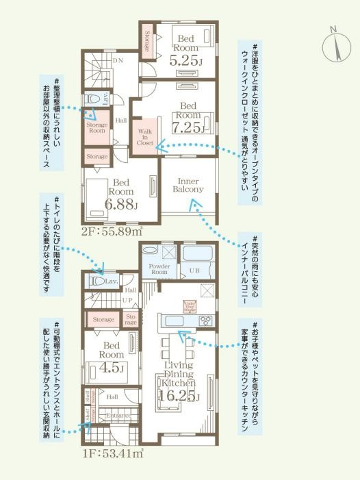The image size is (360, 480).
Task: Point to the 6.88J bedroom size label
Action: [122, 205]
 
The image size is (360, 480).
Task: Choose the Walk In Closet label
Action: [146, 136]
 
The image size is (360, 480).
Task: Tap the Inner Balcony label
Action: [188, 184]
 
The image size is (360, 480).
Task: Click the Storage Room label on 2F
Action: [97, 127]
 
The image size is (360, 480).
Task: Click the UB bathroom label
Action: [194, 271]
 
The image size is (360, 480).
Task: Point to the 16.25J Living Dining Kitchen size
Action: [179, 396]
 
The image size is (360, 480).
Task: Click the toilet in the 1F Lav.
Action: [97, 280]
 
